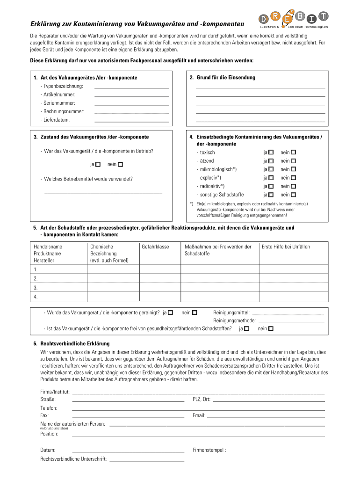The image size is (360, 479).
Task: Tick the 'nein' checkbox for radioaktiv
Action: (294, 186)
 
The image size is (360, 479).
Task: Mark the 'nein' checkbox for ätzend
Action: (294, 161)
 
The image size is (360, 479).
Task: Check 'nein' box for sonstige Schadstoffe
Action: (294, 195)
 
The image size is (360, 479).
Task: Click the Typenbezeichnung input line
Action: (131, 87)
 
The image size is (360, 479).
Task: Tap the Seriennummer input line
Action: (131, 104)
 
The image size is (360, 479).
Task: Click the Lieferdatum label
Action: (55, 120)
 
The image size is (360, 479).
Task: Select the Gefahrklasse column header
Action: (155, 247)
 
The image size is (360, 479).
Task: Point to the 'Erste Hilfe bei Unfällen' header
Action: (286, 247)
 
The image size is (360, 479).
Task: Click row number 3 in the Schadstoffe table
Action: (36, 288)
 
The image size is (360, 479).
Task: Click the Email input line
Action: (266, 416)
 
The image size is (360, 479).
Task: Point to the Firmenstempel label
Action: (209, 450)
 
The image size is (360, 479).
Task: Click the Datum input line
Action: (128, 451)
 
